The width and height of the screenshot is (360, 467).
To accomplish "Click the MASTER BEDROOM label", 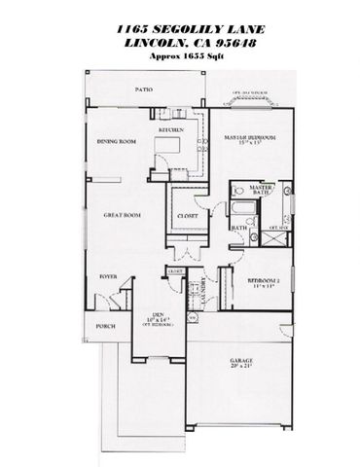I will (x=243, y=139).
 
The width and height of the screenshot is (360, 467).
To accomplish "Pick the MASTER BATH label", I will (x=259, y=191).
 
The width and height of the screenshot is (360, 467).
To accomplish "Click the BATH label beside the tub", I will (x=239, y=229).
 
